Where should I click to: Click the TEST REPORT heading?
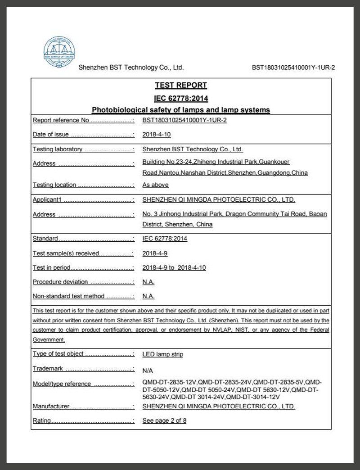tap(181, 85)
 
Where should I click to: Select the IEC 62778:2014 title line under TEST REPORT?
tap(181, 98)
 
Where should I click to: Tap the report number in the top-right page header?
tap(293, 68)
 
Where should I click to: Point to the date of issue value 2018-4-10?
tap(156, 134)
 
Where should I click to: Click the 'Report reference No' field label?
tap(61, 120)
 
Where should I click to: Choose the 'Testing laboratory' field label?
tap(58, 149)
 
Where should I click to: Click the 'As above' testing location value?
tap(155, 185)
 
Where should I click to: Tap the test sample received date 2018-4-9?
tap(155, 253)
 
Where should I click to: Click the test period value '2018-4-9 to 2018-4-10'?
tap(174, 267)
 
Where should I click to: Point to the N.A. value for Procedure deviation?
tap(148, 282)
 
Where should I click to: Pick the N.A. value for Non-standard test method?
tap(148, 296)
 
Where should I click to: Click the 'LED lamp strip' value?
tap(162, 354)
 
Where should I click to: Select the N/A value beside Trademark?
tap(148, 371)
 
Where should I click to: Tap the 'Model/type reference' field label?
tap(62, 384)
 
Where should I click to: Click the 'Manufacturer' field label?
tap(51, 407)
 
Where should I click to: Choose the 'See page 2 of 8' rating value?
tap(164, 421)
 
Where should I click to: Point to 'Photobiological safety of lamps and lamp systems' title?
tap(181, 110)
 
